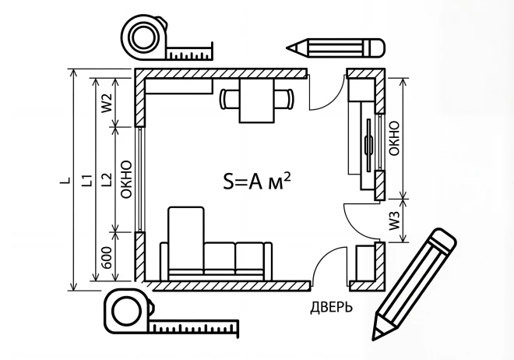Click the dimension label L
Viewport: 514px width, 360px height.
click(66, 180)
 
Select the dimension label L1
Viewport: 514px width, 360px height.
click(87, 180)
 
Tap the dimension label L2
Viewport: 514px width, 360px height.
click(107, 180)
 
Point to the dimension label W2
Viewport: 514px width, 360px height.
click(107, 104)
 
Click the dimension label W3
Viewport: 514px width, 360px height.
click(394, 221)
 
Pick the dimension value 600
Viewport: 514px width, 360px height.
click(107, 258)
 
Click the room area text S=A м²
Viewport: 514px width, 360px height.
click(257, 182)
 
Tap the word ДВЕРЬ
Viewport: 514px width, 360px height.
click(332, 308)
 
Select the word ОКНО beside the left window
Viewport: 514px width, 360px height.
click(126, 179)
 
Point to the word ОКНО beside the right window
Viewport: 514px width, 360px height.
click(394, 138)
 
